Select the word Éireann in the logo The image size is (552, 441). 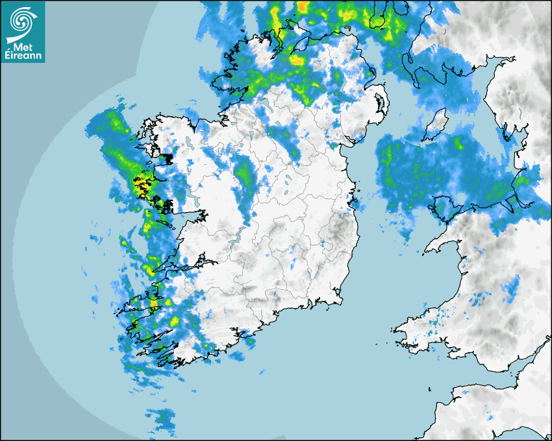point(23,56)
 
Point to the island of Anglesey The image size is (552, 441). point(441,209)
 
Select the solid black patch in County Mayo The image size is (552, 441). point(167,159)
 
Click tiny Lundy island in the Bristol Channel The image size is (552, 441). point(429,388)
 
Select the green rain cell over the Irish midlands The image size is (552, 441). point(245,174)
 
